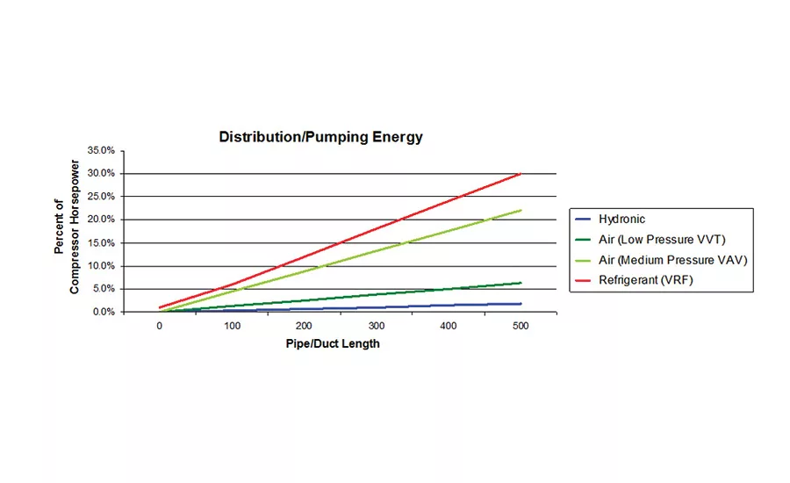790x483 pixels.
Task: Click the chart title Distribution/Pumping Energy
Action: click(320, 137)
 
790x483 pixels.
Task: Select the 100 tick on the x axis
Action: click(232, 327)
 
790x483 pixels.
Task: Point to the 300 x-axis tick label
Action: click(377, 327)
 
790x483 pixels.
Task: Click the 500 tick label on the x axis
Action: click(521, 327)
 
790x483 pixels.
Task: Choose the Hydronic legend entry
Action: click(621, 219)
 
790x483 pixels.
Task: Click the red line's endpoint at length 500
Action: click(521, 174)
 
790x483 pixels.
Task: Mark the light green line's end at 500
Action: click(521, 210)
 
